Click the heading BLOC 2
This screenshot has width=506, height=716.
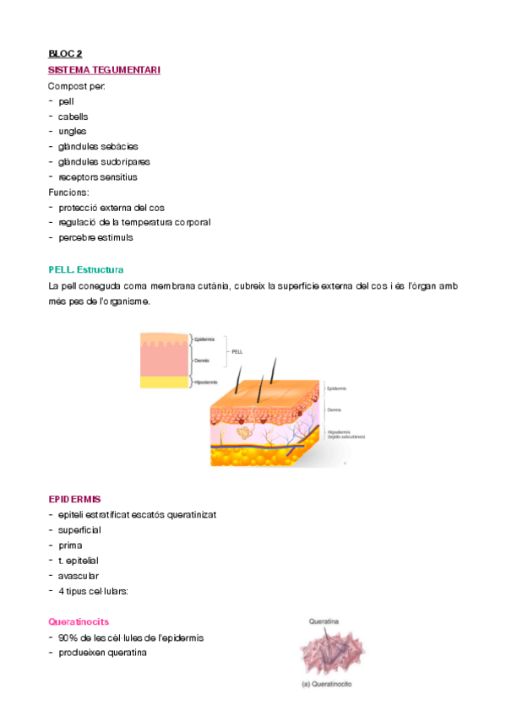click(x=65, y=55)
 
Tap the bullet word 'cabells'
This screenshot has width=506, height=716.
click(x=73, y=117)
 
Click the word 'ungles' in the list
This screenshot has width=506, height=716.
click(x=73, y=132)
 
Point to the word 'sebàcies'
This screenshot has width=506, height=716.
click(x=122, y=147)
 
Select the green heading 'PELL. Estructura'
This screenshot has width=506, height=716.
click(x=86, y=270)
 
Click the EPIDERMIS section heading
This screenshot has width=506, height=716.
click(x=75, y=500)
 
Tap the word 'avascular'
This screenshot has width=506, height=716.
click(x=79, y=576)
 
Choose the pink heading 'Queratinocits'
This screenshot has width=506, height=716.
click(x=79, y=621)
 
